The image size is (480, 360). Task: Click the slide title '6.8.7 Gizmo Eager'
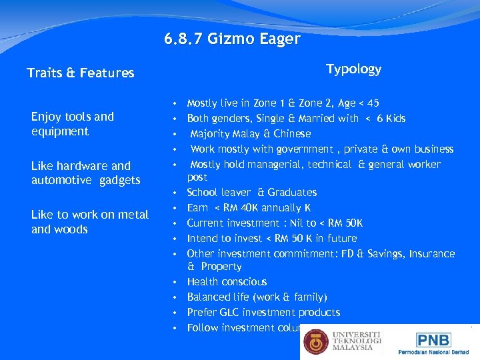pyautogui.click(x=232, y=39)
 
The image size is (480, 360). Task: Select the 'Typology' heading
pyautogui.click(x=353, y=69)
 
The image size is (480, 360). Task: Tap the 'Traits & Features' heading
pyautogui.click(x=81, y=73)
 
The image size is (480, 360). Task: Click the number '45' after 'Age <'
pyautogui.click(x=373, y=103)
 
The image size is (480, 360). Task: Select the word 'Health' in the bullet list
pyautogui.click(x=201, y=282)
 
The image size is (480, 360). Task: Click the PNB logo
pyautogui.click(x=433, y=339)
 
